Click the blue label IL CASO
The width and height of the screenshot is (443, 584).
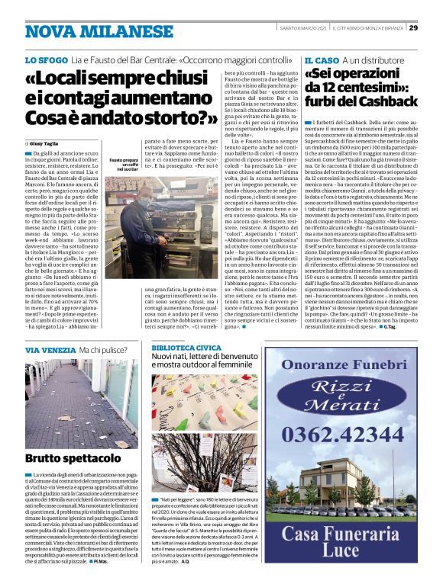[321, 59]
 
